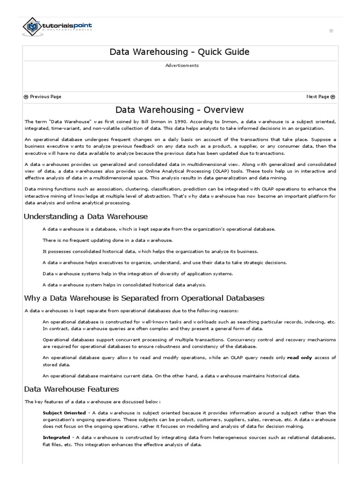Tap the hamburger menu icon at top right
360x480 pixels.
coord(331,31)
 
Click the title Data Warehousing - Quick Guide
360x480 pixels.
coord(180,52)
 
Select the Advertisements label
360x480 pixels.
coord(182,66)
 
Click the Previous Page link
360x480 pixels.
coord(43,97)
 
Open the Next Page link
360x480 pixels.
coord(321,97)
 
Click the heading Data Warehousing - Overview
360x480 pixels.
coord(180,110)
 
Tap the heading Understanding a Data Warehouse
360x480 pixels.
coord(86,217)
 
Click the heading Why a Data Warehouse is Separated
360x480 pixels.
coord(144,298)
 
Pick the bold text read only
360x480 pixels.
coord(299,358)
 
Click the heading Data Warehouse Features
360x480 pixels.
coord(71,389)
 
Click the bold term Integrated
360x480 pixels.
coord(56,438)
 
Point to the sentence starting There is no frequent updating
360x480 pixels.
coord(101,240)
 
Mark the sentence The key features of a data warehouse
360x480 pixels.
coord(93,402)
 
